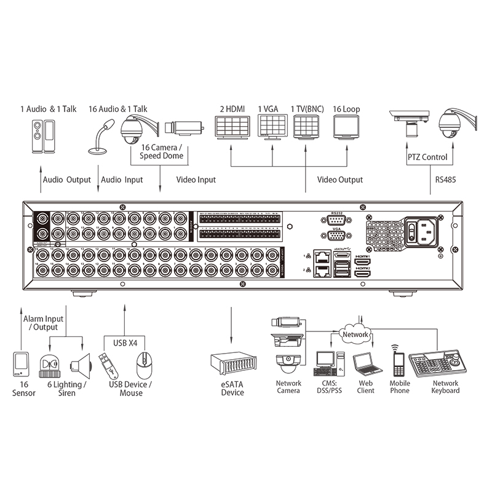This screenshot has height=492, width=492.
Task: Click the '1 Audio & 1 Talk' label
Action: [49, 109]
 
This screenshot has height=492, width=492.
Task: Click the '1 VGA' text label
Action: [268, 109]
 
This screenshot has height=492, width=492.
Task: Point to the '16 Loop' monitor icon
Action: [346, 127]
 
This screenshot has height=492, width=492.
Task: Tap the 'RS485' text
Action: [446, 180]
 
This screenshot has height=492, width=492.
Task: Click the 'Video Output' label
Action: [340, 180]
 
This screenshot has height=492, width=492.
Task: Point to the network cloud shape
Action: [355, 335]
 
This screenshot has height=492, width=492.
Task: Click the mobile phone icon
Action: [397, 361]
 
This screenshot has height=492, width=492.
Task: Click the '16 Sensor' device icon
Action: [22, 363]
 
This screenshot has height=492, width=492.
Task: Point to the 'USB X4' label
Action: [125, 342]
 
